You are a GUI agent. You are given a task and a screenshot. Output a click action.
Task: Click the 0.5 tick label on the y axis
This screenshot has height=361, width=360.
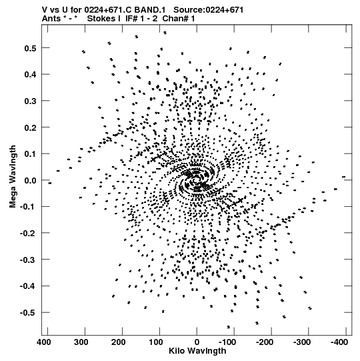31,48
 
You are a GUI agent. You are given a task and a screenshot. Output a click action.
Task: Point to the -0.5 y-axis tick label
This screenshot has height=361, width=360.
28,313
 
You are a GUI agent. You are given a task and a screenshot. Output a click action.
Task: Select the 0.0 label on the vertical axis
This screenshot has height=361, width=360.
31,180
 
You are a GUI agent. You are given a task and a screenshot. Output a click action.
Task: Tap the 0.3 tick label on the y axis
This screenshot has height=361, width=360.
31,101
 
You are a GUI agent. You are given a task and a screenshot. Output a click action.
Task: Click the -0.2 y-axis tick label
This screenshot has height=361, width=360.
28,234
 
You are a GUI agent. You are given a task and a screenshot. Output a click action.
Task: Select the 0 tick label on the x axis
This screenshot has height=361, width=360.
197,342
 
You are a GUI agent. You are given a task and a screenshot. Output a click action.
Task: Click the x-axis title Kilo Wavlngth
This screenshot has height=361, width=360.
197,351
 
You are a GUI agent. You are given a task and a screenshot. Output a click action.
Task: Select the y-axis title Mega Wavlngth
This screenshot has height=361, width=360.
13,177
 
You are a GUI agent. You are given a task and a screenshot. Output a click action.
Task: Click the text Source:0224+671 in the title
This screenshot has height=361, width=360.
209,10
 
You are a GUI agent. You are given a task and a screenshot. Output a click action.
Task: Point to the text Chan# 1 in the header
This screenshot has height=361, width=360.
179,19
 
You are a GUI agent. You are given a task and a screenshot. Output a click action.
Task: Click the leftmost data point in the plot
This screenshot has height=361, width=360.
50,184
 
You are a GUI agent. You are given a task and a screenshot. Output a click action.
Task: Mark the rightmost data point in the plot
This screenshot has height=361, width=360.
344,177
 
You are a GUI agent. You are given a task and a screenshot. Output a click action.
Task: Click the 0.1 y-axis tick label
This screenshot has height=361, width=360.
31,154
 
